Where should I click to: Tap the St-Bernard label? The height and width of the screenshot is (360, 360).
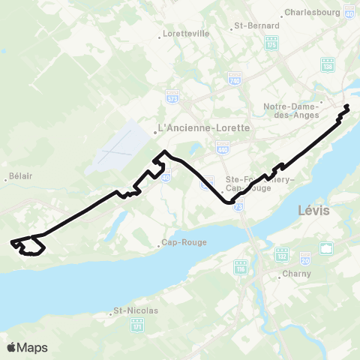[257, 25]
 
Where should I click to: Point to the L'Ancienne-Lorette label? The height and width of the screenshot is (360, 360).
[203, 127]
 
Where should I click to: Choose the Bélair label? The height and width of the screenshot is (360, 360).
[19, 178]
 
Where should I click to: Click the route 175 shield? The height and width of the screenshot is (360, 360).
[271, 45]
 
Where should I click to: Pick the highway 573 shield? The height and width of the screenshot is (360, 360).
[172, 96]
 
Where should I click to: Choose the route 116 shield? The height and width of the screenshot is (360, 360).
[241, 268]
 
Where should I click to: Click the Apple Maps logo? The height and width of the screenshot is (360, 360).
[27, 347]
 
